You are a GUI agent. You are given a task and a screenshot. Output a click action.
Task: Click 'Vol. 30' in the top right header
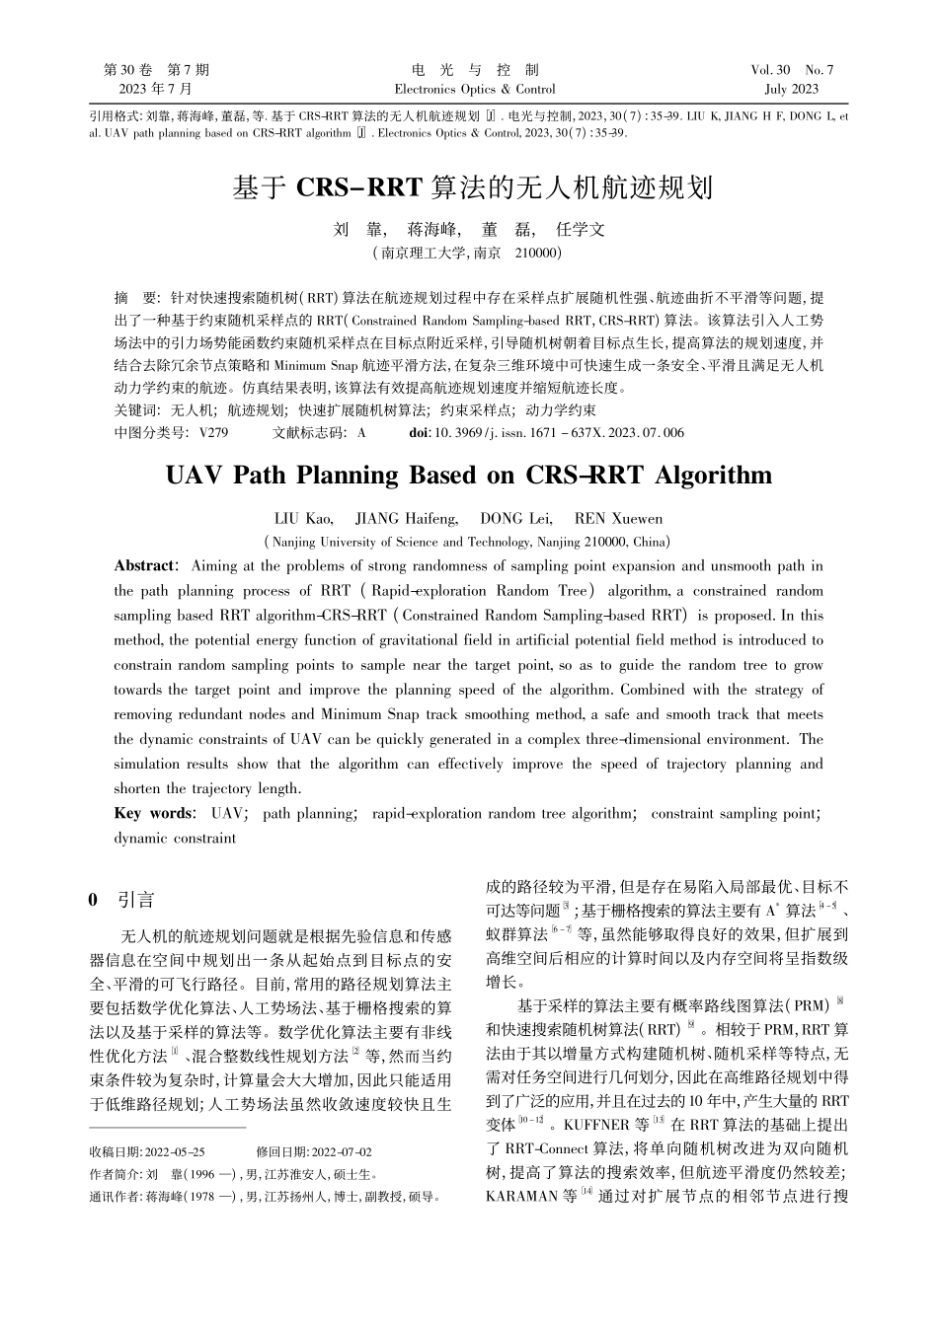click(771, 70)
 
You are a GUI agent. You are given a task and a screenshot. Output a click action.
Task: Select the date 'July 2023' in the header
click(792, 89)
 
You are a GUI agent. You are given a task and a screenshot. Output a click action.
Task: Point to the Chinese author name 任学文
click(581, 230)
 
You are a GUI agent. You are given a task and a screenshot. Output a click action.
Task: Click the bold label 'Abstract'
click(144, 566)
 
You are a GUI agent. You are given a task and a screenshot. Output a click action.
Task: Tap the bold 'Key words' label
click(153, 813)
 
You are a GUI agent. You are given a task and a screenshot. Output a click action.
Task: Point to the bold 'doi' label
click(418, 432)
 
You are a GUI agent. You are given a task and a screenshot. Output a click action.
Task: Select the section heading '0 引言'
click(121, 899)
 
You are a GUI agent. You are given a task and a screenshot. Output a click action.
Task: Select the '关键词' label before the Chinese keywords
click(135, 409)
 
